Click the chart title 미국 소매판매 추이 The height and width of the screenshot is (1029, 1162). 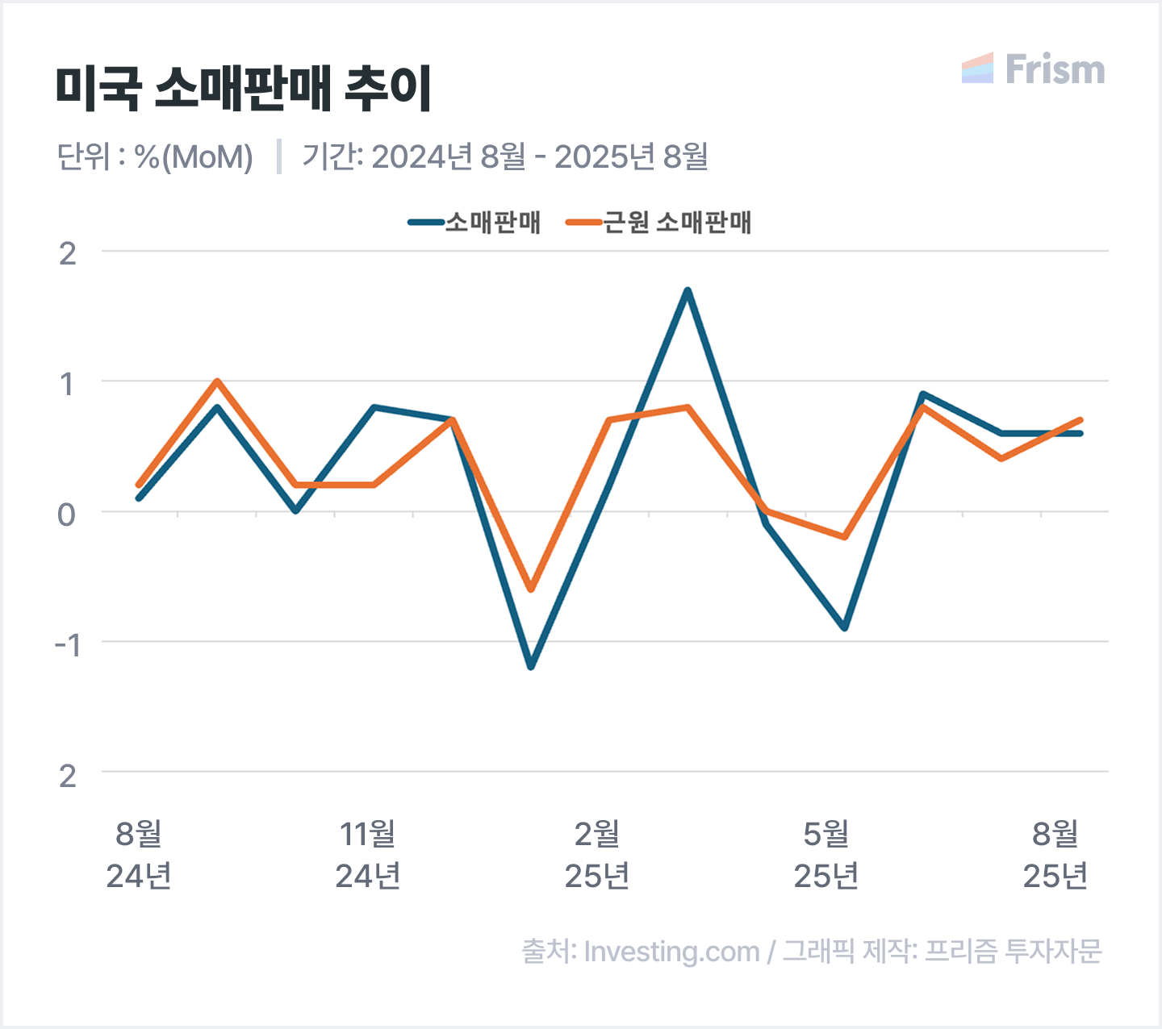pyautogui.click(x=244, y=88)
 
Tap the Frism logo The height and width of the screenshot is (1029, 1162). pyautogui.click(x=1034, y=69)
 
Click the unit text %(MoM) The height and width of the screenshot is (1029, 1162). pyautogui.click(x=194, y=156)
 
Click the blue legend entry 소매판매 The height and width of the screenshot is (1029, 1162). pyautogui.click(x=475, y=223)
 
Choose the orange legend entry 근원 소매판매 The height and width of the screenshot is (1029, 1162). pyautogui.click(x=659, y=223)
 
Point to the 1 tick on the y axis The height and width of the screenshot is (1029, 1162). pyautogui.click(x=67, y=384)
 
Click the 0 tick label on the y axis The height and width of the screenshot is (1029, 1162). pyautogui.click(x=67, y=514)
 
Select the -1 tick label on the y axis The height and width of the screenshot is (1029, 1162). pyautogui.click(x=67, y=644)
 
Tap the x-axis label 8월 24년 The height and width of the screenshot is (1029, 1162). pyautogui.click(x=139, y=855)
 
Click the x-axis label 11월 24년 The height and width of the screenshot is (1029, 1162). pyautogui.click(x=368, y=855)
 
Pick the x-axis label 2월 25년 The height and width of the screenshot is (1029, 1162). pyautogui.click(x=597, y=855)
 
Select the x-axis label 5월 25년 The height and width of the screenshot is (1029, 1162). pyautogui.click(x=826, y=855)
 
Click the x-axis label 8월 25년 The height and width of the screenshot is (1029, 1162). pyautogui.click(x=1055, y=855)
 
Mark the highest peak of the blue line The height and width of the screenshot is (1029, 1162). pyautogui.click(x=688, y=290)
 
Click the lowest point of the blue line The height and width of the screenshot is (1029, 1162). pyautogui.click(x=531, y=667)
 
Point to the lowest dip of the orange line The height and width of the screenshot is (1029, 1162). pyautogui.click(x=531, y=589)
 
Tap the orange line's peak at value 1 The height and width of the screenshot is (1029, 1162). pyautogui.click(x=217, y=381)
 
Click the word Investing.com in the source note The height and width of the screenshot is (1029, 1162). pyautogui.click(x=671, y=952)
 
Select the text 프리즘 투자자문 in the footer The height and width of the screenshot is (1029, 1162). pyautogui.click(x=1013, y=952)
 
